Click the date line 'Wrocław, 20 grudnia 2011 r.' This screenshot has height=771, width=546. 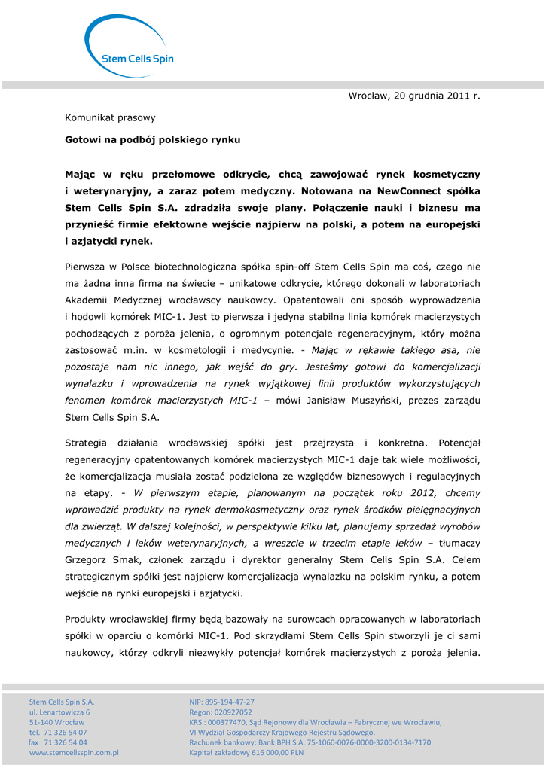click(x=413, y=96)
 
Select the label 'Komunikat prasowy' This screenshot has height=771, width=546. click(x=110, y=117)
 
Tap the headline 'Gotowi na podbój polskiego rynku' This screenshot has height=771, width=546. click(x=152, y=139)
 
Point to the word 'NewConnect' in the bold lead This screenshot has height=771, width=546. click(x=412, y=191)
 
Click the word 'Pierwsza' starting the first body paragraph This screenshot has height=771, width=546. click(x=85, y=267)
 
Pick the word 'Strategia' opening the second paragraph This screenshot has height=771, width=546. click(x=87, y=443)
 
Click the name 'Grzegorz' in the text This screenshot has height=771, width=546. click(x=86, y=559)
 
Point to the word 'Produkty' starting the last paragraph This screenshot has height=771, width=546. click(x=86, y=619)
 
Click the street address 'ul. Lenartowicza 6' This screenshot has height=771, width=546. click(x=59, y=712)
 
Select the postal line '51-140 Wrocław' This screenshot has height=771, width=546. click(x=56, y=721)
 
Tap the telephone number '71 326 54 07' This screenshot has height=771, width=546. click(x=66, y=732)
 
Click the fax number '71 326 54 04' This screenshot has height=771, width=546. click(x=66, y=742)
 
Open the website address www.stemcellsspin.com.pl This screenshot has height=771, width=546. click(x=74, y=752)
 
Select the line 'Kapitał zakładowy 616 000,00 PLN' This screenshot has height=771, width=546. click(x=246, y=752)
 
